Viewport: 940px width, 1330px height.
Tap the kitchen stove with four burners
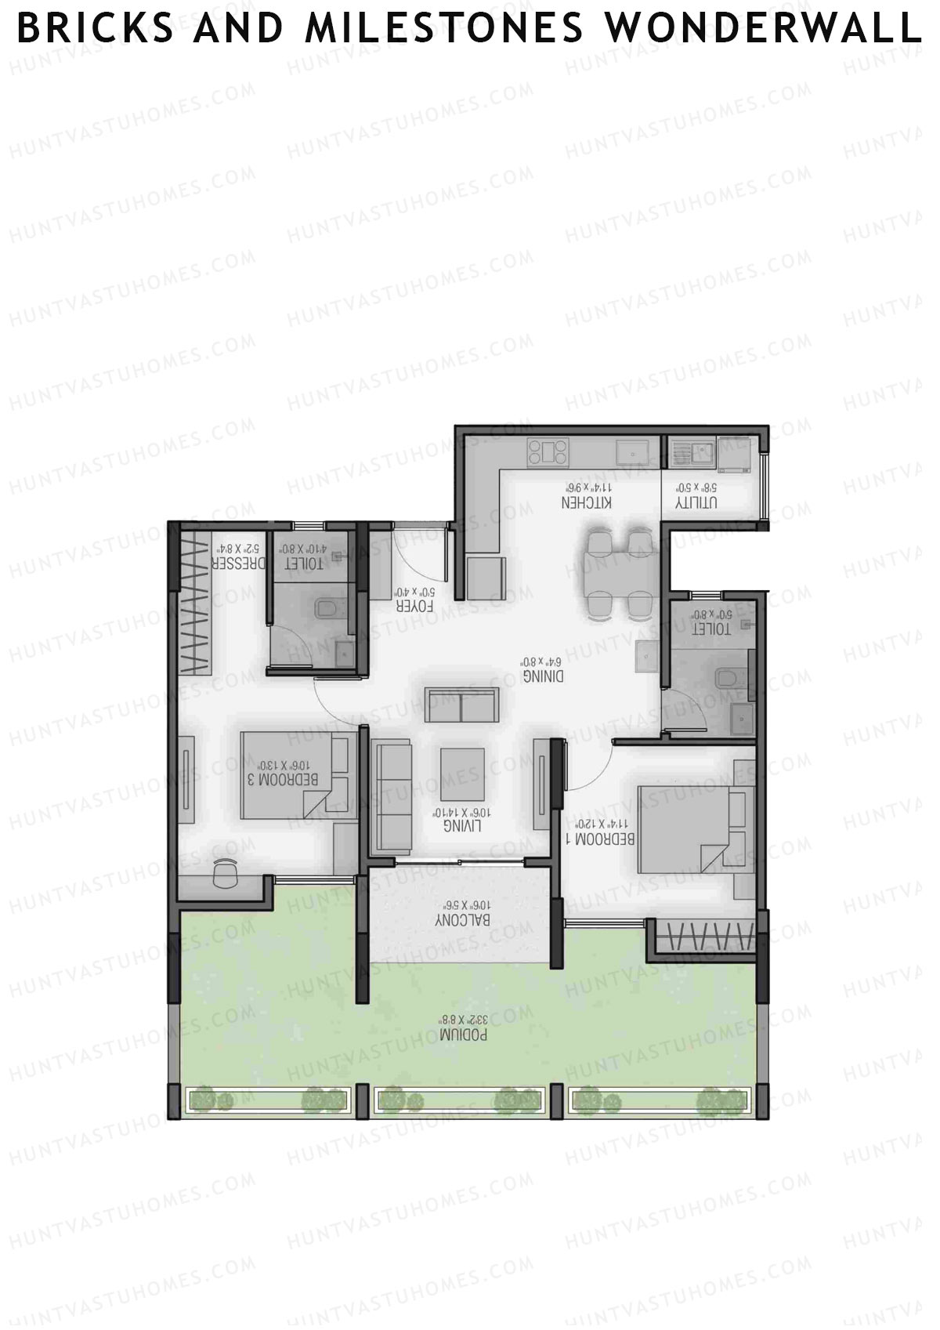coord(548,452)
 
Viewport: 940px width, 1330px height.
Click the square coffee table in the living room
coord(462,774)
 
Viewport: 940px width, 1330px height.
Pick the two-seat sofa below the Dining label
coord(461,705)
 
